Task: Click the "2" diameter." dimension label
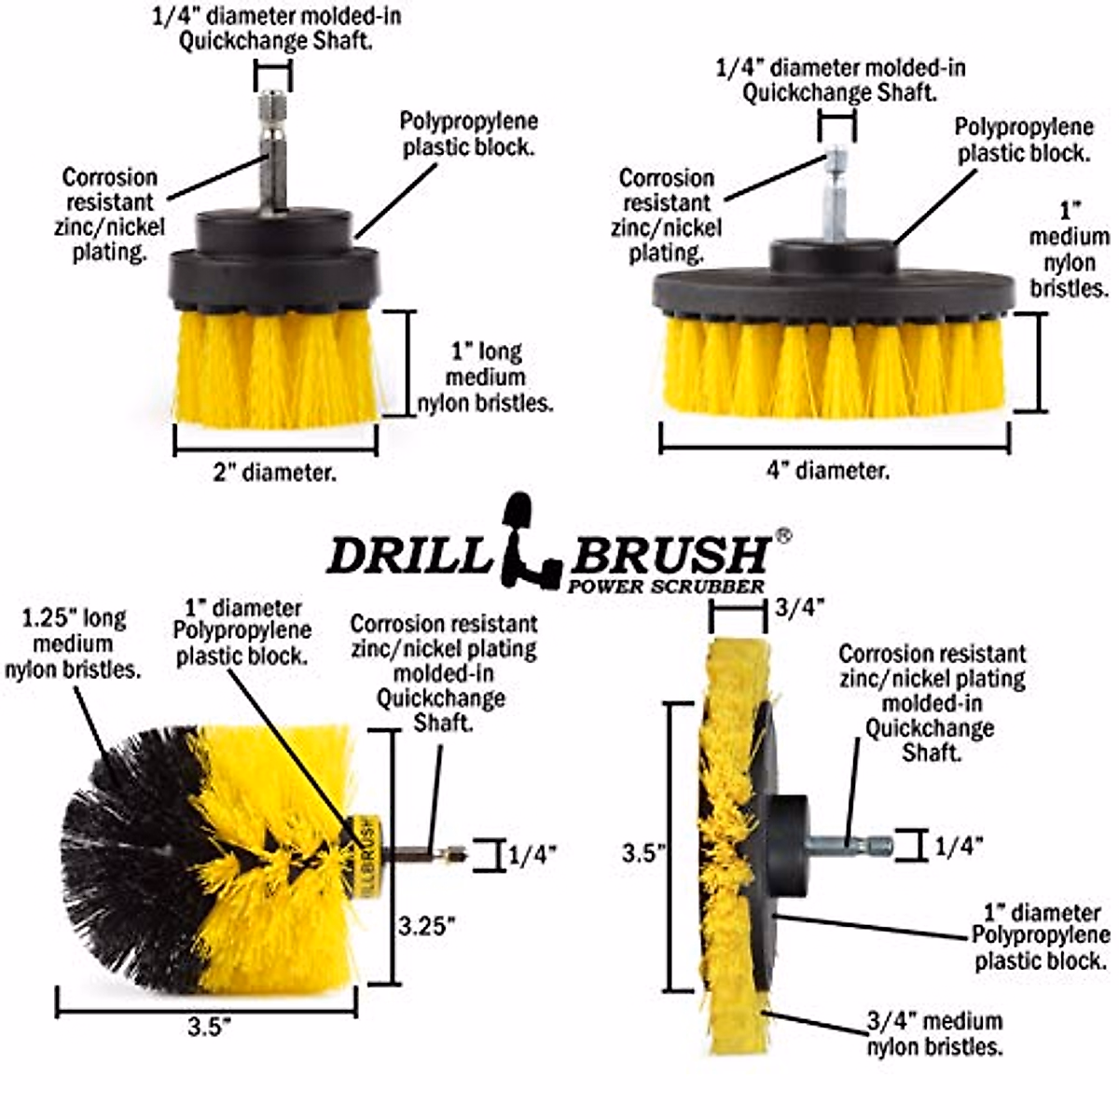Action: click(274, 473)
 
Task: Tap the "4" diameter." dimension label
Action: click(828, 471)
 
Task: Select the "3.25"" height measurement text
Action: click(427, 926)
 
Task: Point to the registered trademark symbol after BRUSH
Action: click(784, 536)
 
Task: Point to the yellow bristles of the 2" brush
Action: click(277, 368)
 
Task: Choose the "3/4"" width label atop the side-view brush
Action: click(800, 608)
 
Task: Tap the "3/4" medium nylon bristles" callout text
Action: click(934, 1033)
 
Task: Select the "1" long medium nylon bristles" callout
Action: click(498, 378)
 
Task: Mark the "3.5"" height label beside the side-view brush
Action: click(642, 852)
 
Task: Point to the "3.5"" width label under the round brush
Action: click(209, 1028)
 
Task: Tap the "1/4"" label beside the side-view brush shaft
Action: click(959, 846)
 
